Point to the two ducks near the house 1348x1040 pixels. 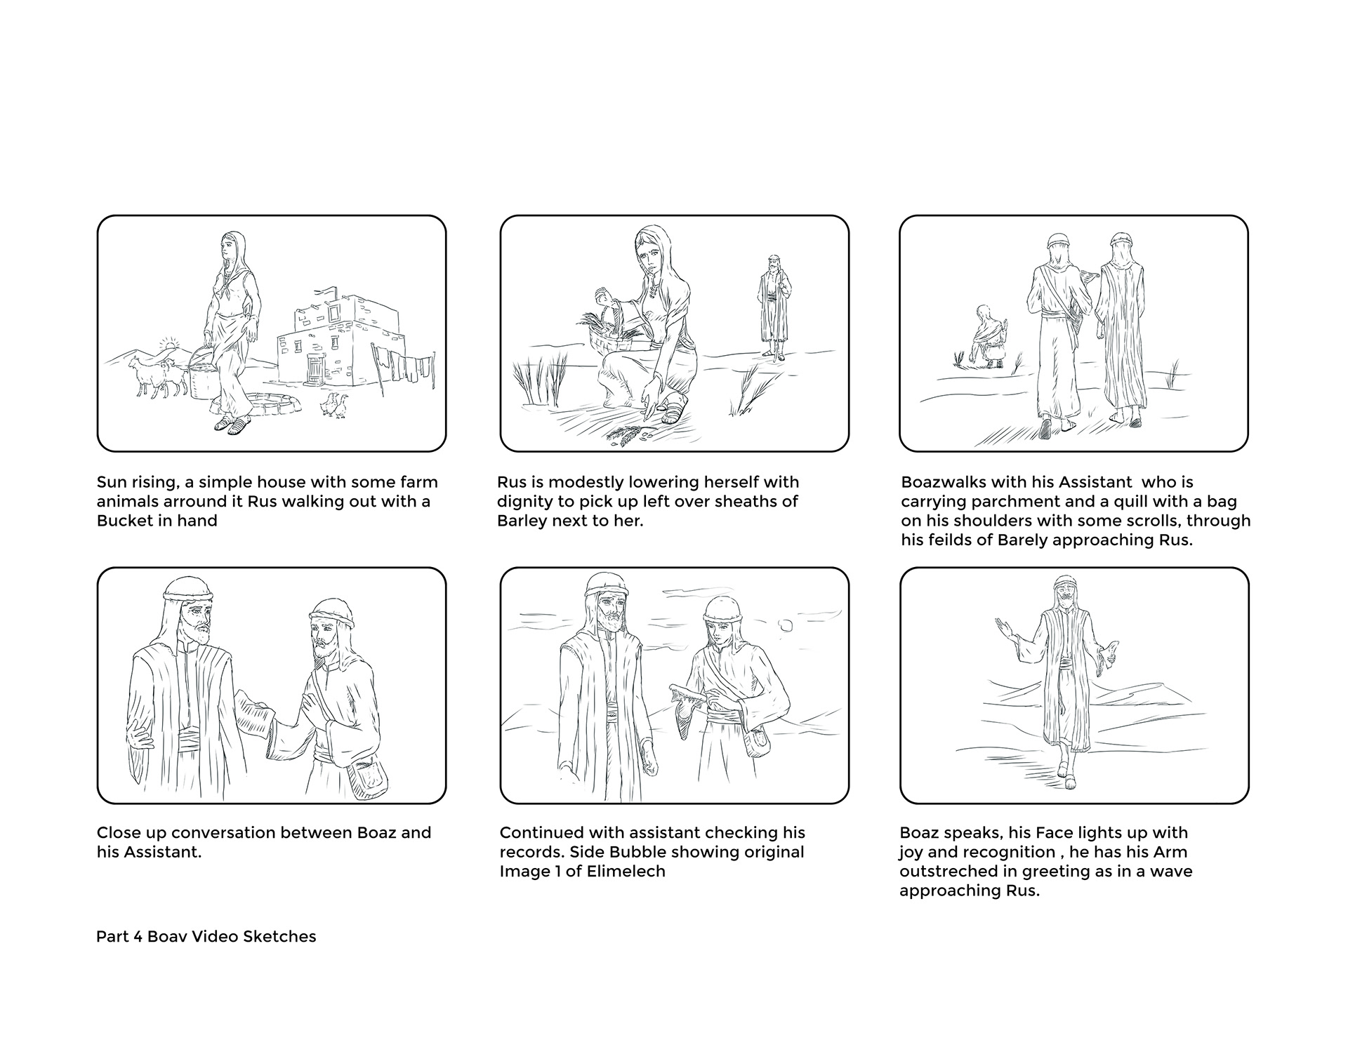pyautogui.click(x=334, y=406)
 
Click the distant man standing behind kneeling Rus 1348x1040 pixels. pyautogui.click(x=774, y=305)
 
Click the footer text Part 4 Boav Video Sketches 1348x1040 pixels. pyautogui.click(x=206, y=937)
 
